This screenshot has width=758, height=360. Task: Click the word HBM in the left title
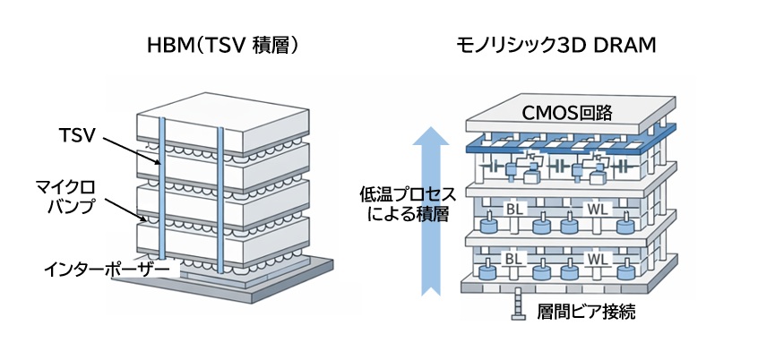[x=167, y=46]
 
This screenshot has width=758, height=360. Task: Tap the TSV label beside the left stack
[x=76, y=136]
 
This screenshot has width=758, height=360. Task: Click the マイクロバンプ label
[x=78, y=199]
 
